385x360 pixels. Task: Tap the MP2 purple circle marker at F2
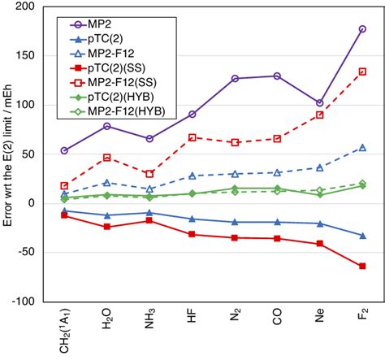click(362, 29)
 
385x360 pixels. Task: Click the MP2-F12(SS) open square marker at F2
click(362, 72)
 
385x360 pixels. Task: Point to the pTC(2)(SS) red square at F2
click(362, 266)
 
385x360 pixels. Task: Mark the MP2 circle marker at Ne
click(319, 103)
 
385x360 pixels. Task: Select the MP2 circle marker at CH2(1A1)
click(64, 150)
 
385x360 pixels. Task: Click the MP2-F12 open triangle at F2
click(362, 148)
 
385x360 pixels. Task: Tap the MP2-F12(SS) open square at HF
click(192, 137)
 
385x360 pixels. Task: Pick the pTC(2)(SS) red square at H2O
click(106, 227)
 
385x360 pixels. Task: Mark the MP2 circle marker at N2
click(235, 79)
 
